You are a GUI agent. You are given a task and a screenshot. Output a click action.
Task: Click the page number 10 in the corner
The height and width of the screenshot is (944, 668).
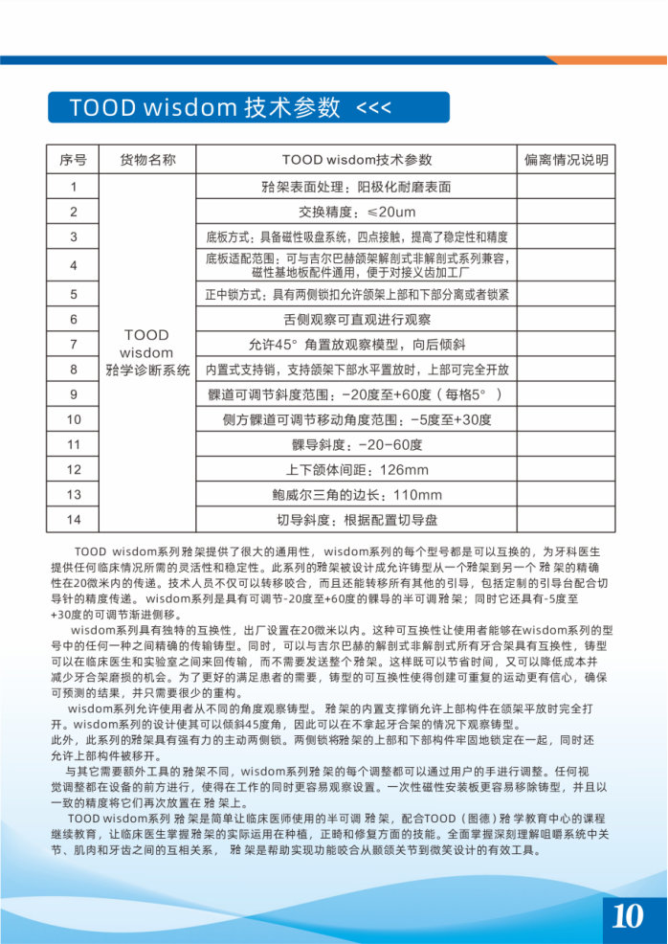click(x=627, y=916)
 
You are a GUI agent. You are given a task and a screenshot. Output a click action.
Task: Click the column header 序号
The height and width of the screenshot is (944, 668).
click(x=74, y=160)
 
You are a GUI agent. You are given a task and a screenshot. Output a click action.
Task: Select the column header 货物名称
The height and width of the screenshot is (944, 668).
click(x=147, y=160)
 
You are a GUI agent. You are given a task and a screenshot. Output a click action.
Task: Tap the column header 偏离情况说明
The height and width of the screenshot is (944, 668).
click(x=566, y=160)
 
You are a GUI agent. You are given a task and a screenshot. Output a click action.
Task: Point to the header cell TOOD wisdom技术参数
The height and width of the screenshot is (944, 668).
click(x=357, y=160)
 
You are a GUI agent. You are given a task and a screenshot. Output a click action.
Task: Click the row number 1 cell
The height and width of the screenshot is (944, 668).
click(x=74, y=187)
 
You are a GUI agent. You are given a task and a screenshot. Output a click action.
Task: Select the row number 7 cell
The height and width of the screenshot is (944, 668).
click(x=74, y=344)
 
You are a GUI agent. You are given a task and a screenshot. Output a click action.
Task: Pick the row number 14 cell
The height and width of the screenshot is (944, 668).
click(x=74, y=520)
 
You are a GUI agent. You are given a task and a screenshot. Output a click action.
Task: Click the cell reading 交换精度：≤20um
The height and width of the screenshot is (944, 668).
click(x=357, y=212)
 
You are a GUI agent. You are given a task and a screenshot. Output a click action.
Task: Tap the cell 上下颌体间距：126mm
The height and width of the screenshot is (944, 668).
click(x=357, y=470)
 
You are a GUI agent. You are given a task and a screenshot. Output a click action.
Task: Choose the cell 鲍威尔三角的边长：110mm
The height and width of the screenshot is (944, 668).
click(x=357, y=495)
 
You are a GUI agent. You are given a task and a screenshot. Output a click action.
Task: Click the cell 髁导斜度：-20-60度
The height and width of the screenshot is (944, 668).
click(x=357, y=445)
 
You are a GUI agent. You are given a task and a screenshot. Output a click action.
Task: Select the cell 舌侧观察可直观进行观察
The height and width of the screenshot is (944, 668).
click(x=357, y=319)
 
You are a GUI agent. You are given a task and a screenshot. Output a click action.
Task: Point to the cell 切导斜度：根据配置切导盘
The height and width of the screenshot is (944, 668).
click(x=357, y=520)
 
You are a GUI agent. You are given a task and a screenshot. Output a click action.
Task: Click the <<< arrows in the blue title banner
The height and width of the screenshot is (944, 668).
click(x=373, y=106)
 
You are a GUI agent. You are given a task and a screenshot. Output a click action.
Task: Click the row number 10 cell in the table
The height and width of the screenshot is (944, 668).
click(x=74, y=419)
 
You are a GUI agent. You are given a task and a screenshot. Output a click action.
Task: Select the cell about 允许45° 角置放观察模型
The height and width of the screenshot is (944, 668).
click(x=357, y=344)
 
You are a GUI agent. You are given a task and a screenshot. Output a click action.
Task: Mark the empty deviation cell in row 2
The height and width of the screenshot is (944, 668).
click(x=566, y=212)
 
